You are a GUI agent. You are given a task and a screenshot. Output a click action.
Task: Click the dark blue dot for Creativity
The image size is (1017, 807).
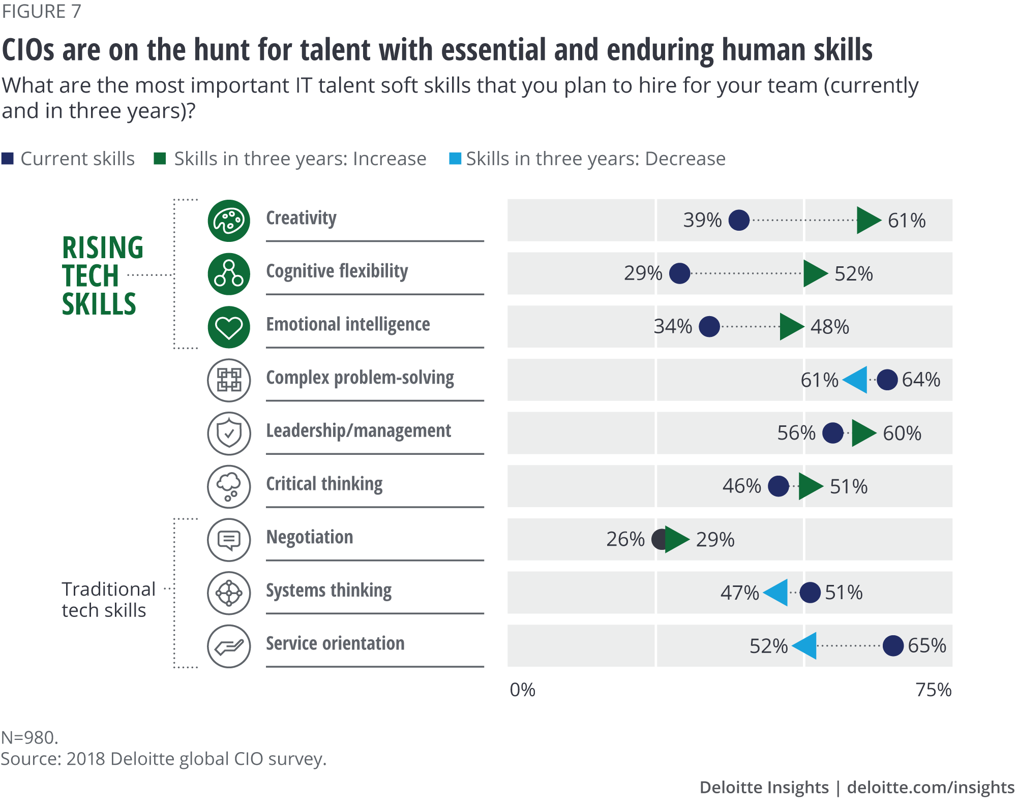click(x=739, y=220)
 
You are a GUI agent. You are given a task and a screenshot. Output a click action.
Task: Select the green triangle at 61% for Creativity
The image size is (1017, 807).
click(x=868, y=220)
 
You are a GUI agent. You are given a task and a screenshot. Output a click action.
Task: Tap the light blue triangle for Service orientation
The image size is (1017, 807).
click(x=805, y=646)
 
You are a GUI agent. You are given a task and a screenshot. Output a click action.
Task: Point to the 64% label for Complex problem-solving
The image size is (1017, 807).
click(x=921, y=380)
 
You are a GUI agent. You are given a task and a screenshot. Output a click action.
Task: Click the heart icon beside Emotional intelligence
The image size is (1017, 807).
click(x=229, y=327)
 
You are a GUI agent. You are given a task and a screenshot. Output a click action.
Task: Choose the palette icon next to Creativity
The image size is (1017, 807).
click(x=229, y=221)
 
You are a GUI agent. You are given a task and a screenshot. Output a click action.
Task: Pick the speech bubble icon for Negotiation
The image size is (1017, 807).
click(x=229, y=540)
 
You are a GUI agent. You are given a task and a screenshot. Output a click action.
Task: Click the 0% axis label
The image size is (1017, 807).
click(x=522, y=690)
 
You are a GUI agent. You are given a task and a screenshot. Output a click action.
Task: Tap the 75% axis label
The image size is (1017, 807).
click(x=933, y=690)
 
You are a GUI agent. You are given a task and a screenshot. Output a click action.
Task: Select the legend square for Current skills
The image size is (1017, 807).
click(x=8, y=159)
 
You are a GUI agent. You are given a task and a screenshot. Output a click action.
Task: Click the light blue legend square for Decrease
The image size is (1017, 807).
click(x=455, y=159)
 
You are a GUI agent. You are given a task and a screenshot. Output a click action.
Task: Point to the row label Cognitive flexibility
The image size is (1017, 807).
click(x=337, y=271)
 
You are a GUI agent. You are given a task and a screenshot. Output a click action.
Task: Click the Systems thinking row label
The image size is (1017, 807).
click(x=328, y=591)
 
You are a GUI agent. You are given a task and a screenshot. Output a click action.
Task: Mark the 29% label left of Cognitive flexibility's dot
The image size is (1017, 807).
click(x=643, y=273)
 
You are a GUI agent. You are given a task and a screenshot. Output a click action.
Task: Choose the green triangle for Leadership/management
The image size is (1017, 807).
click(x=863, y=433)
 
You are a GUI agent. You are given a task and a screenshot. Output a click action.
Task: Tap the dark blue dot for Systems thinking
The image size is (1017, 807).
click(x=810, y=593)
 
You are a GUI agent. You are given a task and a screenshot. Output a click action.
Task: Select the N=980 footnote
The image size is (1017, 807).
click(x=29, y=737)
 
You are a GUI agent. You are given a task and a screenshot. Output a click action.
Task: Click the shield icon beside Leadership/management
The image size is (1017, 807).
click(x=229, y=433)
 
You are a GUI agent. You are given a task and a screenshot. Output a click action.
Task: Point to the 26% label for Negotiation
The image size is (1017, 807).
click(x=625, y=539)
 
